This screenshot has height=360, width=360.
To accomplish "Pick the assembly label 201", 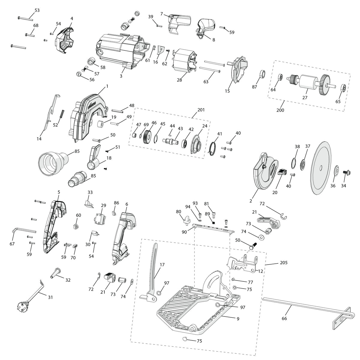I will coord(201,110).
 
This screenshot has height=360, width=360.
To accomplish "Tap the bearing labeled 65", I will coord(343,88).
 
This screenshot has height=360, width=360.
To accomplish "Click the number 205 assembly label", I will coord(283,262).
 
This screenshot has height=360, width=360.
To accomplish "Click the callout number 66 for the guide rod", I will coord(284,318).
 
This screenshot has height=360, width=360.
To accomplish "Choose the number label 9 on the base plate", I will coord(238,319).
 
